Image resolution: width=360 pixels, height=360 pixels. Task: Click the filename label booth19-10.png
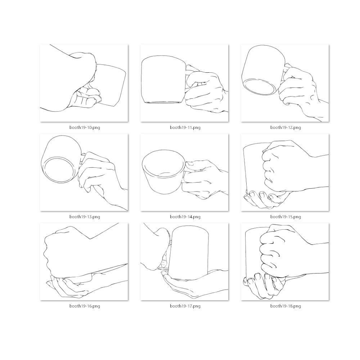click(x=85, y=127)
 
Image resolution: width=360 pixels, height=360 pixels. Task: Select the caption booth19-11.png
click(x=185, y=127)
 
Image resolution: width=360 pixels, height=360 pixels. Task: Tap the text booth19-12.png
click(x=285, y=127)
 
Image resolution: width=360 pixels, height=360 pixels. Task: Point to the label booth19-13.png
click(x=85, y=217)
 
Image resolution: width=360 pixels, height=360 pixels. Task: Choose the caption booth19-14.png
click(x=185, y=217)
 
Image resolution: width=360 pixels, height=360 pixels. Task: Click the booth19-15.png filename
click(x=285, y=217)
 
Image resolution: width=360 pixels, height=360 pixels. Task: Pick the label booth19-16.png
click(x=85, y=306)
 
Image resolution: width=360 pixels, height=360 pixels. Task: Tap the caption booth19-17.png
click(x=185, y=306)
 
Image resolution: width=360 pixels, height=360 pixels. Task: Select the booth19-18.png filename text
click(x=285, y=306)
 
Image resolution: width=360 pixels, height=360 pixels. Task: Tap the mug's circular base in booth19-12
click(x=259, y=87)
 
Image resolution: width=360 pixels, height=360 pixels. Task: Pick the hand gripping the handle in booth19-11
click(x=205, y=90)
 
